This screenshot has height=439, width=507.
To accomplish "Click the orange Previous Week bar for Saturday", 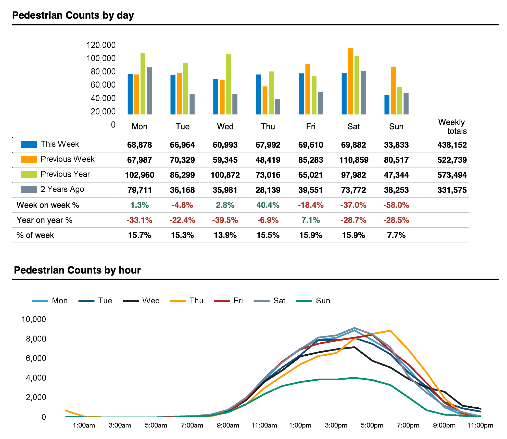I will tap(350, 82).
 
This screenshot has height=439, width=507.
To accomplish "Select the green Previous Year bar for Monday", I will tap(143, 84).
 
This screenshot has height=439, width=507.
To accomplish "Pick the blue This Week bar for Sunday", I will tap(387, 105).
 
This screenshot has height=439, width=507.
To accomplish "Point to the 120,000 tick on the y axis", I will tap(101, 45).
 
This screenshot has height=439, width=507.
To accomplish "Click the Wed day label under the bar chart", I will tap(225, 126).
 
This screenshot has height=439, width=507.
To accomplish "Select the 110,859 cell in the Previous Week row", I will tap(353, 160).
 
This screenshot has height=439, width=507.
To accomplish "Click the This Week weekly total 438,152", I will tap(452, 145).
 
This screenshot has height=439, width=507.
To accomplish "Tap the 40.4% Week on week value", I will tap(268, 205).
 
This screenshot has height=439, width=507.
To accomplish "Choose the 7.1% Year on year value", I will tap(311, 220).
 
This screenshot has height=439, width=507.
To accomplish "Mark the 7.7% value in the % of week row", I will tap(396, 235).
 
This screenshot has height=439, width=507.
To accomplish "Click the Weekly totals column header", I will tap(452, 126).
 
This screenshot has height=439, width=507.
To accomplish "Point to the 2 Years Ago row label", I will tap(62, 189).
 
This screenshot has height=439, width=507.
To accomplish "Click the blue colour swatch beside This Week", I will tap(29, 144).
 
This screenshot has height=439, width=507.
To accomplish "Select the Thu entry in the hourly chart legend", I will tap(196, 301).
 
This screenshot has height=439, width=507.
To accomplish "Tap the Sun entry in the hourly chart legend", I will tap(323, 301).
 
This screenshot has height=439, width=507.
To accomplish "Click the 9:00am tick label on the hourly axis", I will tap(228, 425).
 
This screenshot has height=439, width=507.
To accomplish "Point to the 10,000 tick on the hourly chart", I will tap(34, 319).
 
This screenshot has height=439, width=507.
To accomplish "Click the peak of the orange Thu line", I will tap(390, 331).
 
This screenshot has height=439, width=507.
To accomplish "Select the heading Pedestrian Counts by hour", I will tap(77, 270).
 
